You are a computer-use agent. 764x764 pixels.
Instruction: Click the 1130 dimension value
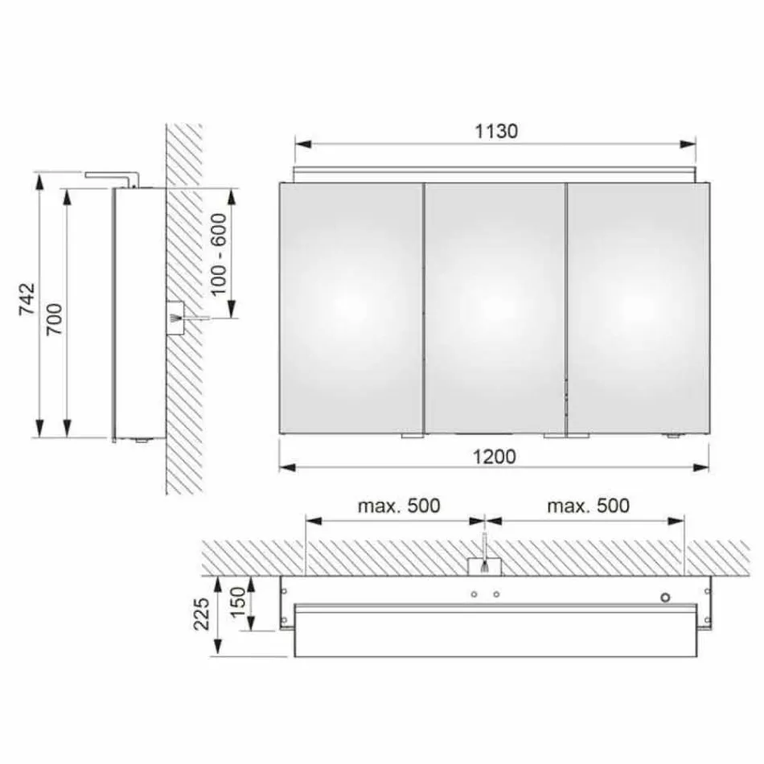495,131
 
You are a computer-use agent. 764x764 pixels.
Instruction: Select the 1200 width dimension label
495,456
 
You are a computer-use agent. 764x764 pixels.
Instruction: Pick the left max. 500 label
400,506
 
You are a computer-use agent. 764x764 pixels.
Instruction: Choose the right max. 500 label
588,506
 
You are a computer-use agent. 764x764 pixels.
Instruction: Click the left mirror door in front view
351,308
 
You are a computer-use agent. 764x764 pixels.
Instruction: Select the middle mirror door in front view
495,308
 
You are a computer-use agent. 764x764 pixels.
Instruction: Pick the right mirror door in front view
638,308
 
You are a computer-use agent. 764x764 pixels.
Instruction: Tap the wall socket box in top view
484,565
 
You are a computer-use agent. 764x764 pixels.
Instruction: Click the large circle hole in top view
666,597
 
